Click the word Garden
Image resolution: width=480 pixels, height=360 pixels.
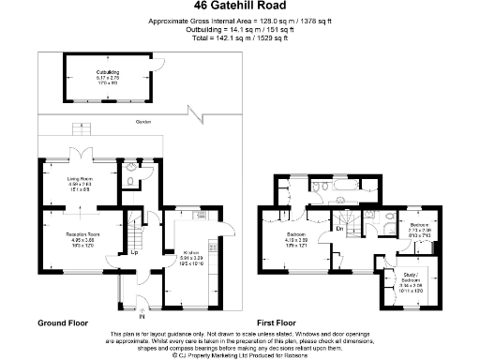coord(142,121)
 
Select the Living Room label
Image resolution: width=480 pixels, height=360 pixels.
coord(78,184)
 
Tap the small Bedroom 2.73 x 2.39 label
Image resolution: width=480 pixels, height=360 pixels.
coord(418,229)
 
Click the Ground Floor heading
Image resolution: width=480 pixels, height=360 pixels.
coord(63,322)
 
